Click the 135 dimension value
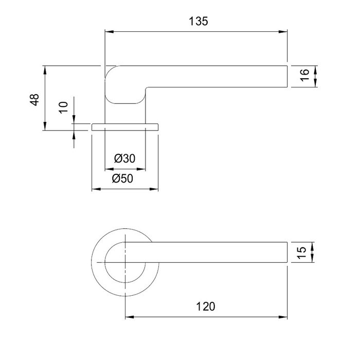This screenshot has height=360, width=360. coord(199,21)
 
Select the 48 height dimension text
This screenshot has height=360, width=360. coord(34,100)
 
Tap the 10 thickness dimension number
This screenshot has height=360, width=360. coord(64,107)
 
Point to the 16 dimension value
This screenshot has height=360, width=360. coord(304,75)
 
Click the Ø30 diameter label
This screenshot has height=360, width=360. coord(124,158)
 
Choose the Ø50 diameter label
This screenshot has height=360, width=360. coord(122,178)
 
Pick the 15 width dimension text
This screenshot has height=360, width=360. coord(301,253)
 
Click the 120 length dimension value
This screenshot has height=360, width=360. coord(206,307)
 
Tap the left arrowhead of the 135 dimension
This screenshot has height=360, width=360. coord(109,32)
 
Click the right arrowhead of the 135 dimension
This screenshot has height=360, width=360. coord(283,32)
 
